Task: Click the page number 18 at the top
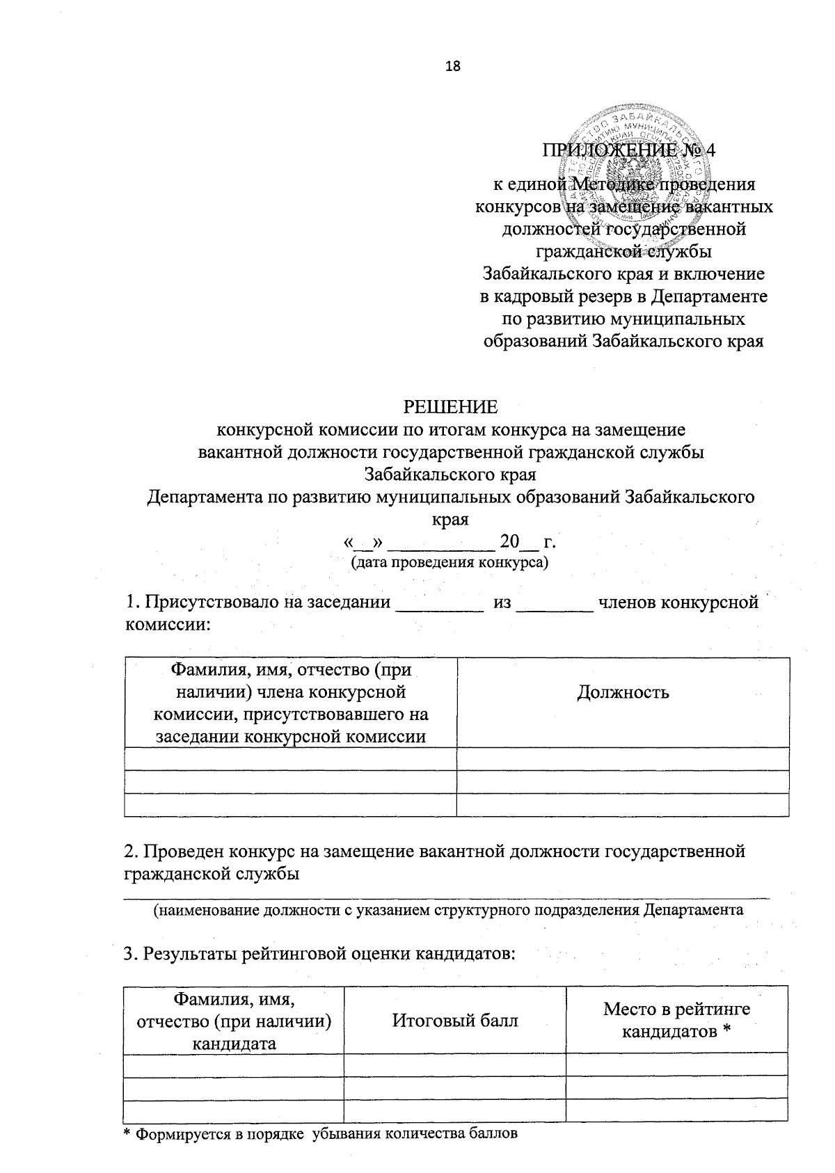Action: click(x=452, y=67)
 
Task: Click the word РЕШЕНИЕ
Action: click(x=452, y=406)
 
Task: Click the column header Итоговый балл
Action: click(x=455, y=1021)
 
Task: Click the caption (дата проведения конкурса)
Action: click(x=450, y=562)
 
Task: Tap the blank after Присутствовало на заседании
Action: click(x=439, y=604)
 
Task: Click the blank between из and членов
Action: click(x=556, y=604)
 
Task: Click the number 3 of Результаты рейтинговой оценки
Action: click(x=128, y=953)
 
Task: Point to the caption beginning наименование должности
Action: click(x=448, y=909)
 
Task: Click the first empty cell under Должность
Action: click(x=623, y=758)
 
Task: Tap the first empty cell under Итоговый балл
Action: click(x=455, y=1064)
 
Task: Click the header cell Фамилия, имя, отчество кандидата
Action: click(x=234, y=1021)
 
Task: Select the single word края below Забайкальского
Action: click(x=451, y=520)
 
